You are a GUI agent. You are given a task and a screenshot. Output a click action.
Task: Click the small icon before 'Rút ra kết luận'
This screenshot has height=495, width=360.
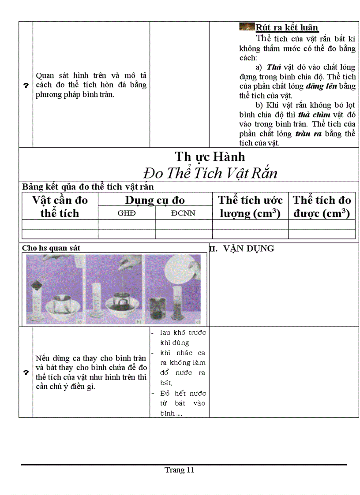pos(247,26)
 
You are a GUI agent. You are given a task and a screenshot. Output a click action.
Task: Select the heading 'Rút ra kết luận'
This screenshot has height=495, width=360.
pos(287,27)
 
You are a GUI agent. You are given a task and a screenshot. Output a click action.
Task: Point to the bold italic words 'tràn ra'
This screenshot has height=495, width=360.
pos(309,134)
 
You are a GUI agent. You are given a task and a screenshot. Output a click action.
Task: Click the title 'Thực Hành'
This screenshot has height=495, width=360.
pos(210,156)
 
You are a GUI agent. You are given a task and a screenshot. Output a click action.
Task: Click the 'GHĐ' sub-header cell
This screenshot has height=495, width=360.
pos(127,213)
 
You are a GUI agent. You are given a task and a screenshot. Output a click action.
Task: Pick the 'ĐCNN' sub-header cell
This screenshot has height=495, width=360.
pos(184,213)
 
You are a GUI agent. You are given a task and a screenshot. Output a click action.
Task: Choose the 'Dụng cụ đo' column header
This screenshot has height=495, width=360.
pos(155,200)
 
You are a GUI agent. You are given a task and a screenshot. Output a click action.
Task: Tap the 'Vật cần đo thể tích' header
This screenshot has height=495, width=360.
pos(60,206)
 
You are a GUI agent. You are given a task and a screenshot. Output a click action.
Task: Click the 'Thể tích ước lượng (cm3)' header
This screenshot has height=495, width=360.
pos(250,206)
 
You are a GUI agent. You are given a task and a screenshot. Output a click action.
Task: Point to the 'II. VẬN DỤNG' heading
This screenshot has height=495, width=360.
pos(242,249)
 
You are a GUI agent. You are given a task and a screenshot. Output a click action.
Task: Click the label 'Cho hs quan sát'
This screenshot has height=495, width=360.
pos(51,248)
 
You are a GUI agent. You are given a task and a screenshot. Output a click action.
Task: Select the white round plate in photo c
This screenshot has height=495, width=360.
pos(179,271)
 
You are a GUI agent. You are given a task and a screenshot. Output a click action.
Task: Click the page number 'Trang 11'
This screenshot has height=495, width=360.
pos(180,470)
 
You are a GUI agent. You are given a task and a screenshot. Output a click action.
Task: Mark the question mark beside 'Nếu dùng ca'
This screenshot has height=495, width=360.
pos(25,372)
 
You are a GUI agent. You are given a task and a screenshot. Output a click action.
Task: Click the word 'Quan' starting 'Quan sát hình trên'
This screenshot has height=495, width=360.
pos(45,75)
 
